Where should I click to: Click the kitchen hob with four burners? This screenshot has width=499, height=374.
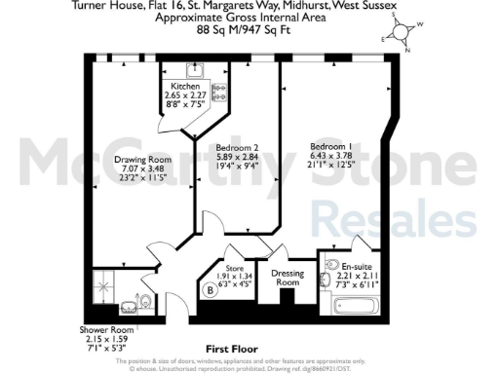pos(219,93)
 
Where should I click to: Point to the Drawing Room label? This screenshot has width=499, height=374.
pos(142,161)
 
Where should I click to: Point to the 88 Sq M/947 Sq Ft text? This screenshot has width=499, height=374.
pos(251,30)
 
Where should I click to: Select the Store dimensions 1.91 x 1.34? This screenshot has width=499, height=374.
pos(234,276)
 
